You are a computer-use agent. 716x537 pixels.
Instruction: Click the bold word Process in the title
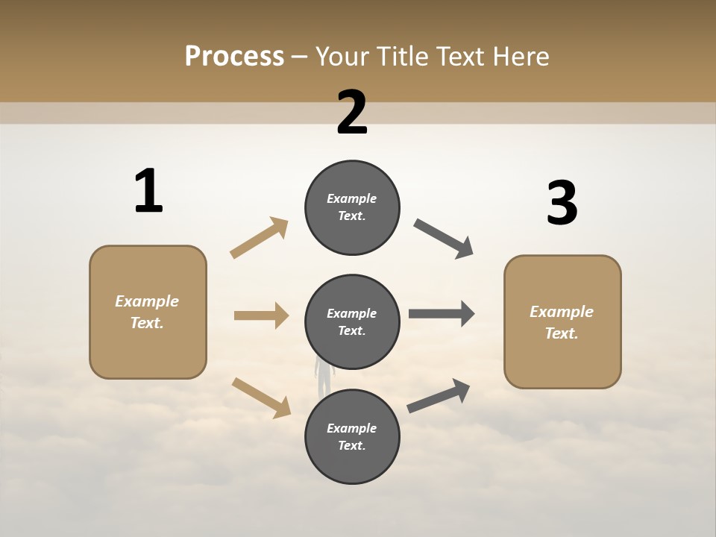[234, 56]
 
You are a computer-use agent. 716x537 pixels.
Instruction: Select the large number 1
[148, 192]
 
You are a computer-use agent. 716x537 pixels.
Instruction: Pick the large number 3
[562, 204]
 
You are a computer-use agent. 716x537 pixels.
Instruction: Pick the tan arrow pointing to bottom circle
[261, 397]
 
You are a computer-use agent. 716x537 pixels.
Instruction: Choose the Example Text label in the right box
[562, 322]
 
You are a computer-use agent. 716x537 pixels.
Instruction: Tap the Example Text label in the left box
[147, 312]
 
